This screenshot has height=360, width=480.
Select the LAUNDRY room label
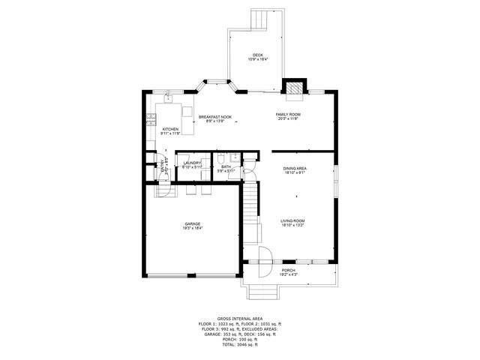[x=192, y=163]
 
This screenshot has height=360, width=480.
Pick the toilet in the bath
[x=235, y=158]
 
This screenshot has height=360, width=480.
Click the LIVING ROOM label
[x=292, y=222]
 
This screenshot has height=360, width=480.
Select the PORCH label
[x=289, y=271]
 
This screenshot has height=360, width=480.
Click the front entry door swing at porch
[x=262, y=256]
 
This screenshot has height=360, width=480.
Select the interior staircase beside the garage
[x=249, y=202]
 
